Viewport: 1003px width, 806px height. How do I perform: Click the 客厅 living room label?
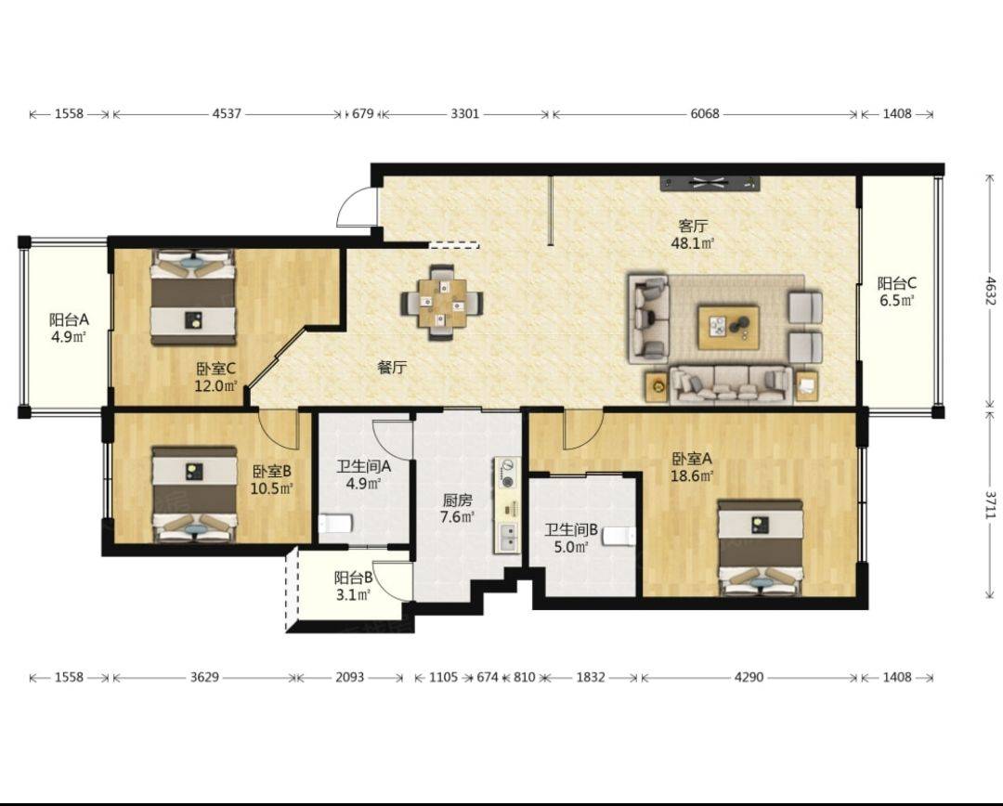693,226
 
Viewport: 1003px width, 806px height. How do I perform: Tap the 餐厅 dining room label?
392,368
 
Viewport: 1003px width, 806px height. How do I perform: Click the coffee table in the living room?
729,328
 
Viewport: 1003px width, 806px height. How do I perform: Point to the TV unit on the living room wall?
710,184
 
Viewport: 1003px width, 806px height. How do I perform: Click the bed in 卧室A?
761,548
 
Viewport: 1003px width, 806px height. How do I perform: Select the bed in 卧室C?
193,297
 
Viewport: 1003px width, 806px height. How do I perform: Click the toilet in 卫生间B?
618,536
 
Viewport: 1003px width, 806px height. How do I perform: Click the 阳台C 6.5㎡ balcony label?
897,292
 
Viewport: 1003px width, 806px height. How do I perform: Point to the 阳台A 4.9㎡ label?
69,328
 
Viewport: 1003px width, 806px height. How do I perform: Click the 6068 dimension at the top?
704,114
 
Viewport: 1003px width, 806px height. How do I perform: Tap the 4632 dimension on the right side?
990,291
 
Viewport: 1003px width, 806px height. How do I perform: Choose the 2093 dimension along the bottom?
350,677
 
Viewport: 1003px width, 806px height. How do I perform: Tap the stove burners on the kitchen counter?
508,474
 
